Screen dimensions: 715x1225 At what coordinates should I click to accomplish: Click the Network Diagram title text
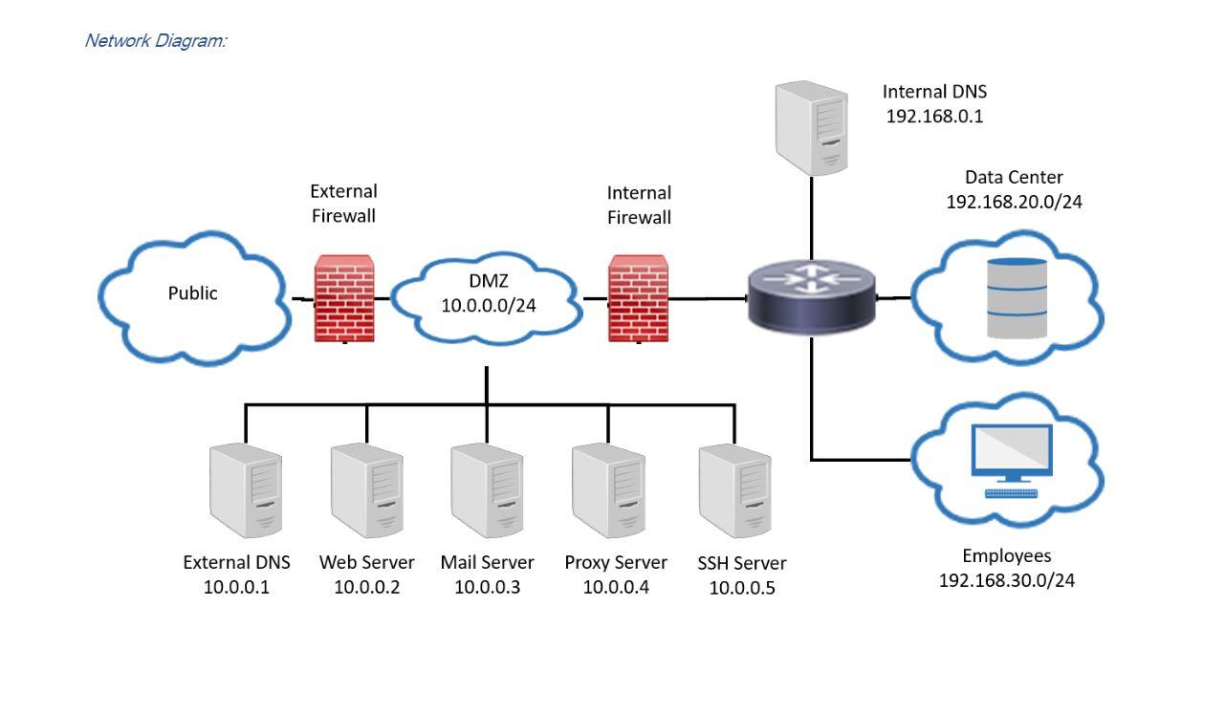[x=155, y=40]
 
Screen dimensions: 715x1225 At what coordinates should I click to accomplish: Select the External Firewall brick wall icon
[x=344, y=298]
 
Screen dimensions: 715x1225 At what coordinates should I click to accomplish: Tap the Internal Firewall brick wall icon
[x=638, y=298]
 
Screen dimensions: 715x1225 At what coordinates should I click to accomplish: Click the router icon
[x=811, y=297]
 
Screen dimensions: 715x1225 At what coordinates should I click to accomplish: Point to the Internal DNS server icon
[x=811, y=128]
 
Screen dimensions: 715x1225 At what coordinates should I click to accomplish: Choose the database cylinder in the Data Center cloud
[x=1016, y=298]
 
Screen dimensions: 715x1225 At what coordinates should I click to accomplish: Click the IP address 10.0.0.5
[x=742, y=588]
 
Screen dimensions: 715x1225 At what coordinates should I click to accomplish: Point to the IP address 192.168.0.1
[x=934, y=118]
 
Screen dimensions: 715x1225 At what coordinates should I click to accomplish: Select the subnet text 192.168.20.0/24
[x=1014, y=202]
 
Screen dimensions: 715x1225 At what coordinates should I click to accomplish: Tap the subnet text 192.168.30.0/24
[x=1006, y=580]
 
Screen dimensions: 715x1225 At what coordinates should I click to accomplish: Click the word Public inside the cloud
[x=193, y=293]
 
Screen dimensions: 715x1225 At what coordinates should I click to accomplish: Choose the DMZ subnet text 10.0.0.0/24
[x=488, y=305]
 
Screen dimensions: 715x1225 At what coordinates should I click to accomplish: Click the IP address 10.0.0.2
[x=367, y=587]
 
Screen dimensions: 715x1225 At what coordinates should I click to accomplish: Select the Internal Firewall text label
[x=639, y=205]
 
